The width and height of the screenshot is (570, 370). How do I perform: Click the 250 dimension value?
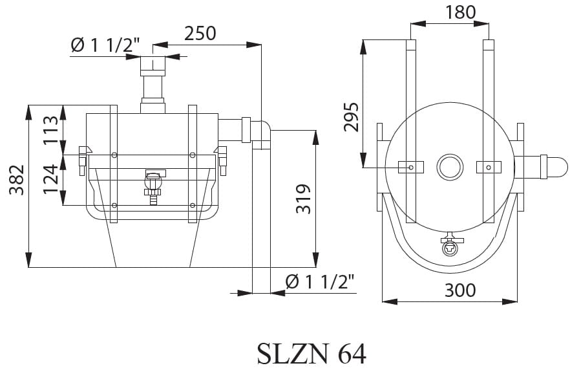(200, 34)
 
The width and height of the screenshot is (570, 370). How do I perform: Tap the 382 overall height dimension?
(17, 180)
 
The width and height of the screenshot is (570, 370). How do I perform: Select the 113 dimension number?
(50, 130)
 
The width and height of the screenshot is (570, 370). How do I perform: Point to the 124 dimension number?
(50, 179)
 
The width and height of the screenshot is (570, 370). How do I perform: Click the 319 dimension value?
(303, 199)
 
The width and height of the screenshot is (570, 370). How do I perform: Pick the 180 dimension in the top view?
(460, 12)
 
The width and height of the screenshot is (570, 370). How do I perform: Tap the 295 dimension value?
(351, 117)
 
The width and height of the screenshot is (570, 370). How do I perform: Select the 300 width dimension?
(460, 290)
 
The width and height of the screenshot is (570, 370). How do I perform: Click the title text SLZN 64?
(311, 354)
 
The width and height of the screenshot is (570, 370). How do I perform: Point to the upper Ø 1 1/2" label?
(105, 45)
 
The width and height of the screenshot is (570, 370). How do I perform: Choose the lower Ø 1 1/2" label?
(321, 281)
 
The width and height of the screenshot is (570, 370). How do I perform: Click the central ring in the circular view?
(450, 168)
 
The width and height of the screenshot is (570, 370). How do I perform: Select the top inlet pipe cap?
(153, 66)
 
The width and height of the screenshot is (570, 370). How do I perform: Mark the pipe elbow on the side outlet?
(261, 135)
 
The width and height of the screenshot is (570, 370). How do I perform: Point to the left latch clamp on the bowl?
(83, 160)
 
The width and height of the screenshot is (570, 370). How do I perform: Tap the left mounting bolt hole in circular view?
(411, 168)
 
